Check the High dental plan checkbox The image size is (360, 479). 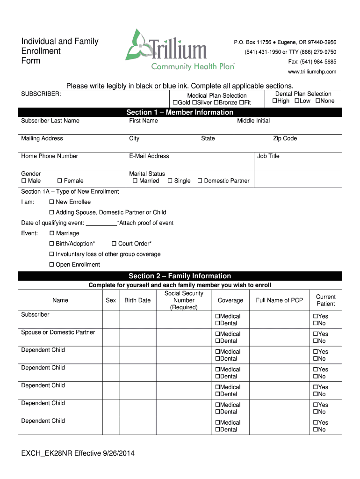coord(275,101)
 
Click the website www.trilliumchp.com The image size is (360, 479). coord(312,72)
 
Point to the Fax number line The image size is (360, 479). coord(312,62)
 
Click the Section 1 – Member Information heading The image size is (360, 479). coord(180,112)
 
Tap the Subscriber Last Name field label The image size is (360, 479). coord(50,121)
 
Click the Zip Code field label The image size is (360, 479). coord(285,138)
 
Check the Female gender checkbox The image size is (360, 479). coord(60,181)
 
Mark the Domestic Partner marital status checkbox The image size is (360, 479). coord(200,181)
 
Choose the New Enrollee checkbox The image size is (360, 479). coord(52,202)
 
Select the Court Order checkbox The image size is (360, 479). coord(114,244)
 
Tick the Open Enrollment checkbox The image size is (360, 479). coord(52,265)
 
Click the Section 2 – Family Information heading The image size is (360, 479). coord(180,276)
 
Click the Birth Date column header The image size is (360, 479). coord(137,300)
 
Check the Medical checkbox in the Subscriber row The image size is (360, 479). coord(217,317)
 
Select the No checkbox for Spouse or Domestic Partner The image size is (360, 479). coord(315,341)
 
